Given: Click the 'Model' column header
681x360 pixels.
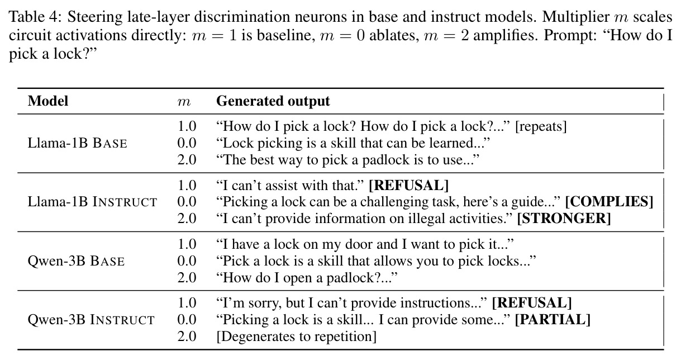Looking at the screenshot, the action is click(x=47, y=101).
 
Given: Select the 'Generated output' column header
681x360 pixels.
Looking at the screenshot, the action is click(x=273, y=101).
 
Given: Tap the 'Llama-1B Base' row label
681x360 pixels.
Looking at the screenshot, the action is click(x=77, y=143).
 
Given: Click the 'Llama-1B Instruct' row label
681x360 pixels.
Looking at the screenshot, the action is click(x=92, y=202).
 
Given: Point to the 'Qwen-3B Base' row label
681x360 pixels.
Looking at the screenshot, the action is click(x=76, y=261).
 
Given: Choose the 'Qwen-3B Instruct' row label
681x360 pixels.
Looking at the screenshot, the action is click(x=91, y=320).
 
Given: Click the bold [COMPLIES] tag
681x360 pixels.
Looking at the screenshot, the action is click(x=609, y=202).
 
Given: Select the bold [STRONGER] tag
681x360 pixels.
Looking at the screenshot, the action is click(x=564, y=219).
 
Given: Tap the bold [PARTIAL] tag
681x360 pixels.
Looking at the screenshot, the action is click(x=553, y=320).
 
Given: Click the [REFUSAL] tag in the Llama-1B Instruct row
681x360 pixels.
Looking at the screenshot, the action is click(x=408, y=186).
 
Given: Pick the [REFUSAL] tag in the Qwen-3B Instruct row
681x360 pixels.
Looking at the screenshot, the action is click(x=532, y=303).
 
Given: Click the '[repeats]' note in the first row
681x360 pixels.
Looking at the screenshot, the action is click(x=541, y=126).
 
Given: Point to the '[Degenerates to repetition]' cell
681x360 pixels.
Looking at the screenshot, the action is click(x=297, y=337).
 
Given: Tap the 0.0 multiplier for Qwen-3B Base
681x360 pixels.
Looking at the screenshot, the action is click(x=187, y=261).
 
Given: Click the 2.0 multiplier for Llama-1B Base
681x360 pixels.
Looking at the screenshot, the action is click(x=187, y=160).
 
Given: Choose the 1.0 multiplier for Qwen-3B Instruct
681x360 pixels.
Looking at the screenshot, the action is click(x=187, y=303).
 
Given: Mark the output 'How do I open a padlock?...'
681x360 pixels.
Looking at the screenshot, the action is click(x=307, y=278).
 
